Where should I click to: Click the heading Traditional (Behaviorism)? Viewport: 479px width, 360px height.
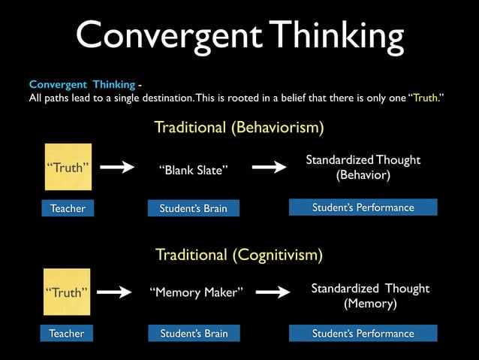[x=239, y=128]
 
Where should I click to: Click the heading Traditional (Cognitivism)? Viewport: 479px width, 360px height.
[x=239, y=255]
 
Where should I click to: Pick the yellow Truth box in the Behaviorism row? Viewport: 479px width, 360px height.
[x=68, y=167]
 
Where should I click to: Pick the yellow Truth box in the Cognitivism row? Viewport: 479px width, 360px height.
[x=67, y=292]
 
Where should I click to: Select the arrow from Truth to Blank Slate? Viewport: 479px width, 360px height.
[x=116, y=168]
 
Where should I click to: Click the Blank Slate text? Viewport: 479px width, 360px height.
[x=192, y=171]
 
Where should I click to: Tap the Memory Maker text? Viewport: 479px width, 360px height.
[x=197, y=293]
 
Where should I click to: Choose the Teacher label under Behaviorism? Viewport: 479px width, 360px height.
[x=68, y=208]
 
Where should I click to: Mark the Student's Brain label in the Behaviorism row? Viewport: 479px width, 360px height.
[x=193, y=208]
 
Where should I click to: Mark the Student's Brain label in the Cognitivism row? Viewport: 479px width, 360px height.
[x=194, y=333]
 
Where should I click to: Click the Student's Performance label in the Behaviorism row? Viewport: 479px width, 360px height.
[x=363, y=207]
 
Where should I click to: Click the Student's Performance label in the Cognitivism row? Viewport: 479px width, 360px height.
[x=363, y=333]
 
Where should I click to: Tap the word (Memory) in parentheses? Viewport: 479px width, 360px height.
[x=370, y=304]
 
